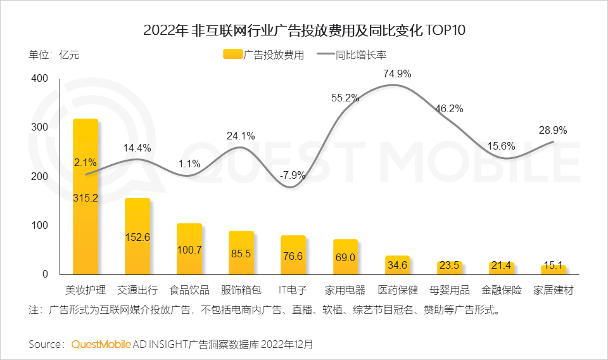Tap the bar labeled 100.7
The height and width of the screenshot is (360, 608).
(189, 250)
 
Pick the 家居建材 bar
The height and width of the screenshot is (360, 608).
(554, 269)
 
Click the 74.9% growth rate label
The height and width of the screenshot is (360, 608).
(397, 74)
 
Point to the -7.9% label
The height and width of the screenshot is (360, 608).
(293, 175)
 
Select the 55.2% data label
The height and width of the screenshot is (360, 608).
(345, 98)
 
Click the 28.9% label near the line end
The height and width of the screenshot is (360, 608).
(553, 130)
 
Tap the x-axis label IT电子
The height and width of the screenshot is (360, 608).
(293, 290)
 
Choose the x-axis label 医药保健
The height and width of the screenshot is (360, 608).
(398, 290)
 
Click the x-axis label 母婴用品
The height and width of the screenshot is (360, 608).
(450, 290)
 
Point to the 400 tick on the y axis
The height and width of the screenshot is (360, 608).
(39, 78)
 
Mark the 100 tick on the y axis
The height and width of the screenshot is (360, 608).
(39, 226)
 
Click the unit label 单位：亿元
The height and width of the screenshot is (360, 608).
(54, 55)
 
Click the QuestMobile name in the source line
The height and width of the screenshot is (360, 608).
(101, 344)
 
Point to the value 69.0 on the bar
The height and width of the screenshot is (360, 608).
(345, 259)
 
